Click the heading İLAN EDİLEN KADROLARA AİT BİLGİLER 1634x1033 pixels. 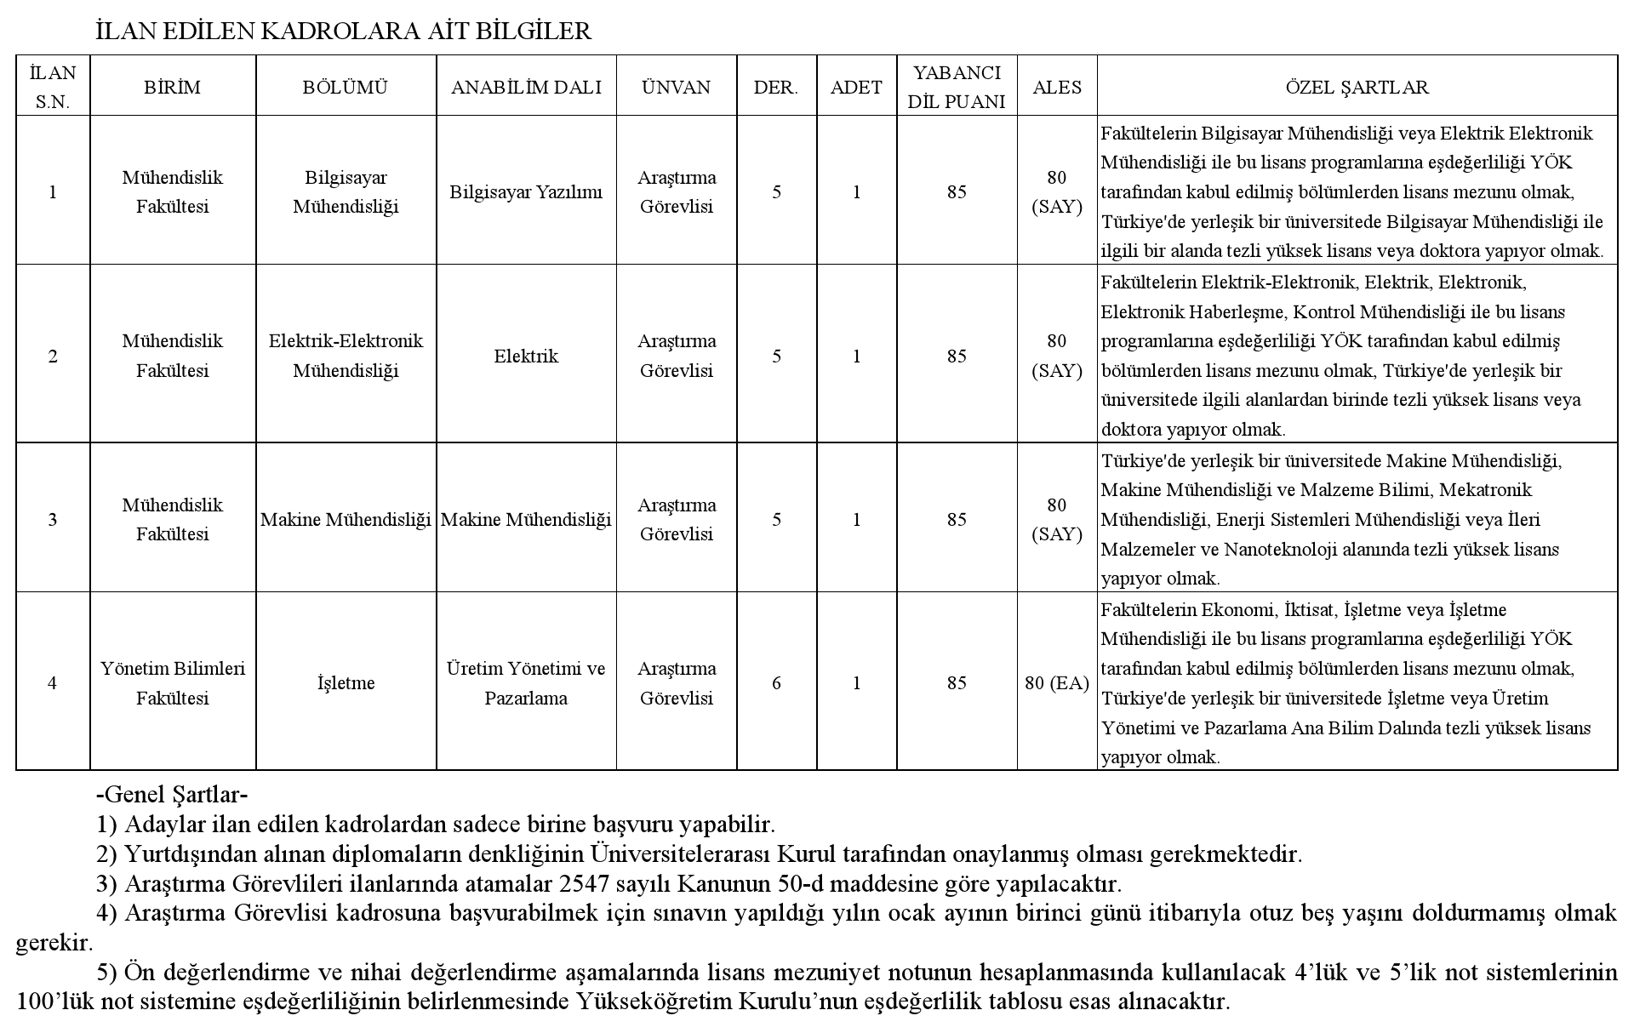pyautogui.click(x=343, y=31)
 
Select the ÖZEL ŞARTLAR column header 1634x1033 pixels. pyautogui.click(x=1357, y=87)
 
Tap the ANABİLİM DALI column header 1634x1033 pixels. pyautogui.click(x=526, y=87)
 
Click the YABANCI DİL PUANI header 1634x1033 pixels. pyautogui.click(x=957, y=87)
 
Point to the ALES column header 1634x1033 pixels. pyautogui.click(x=1057, y=87)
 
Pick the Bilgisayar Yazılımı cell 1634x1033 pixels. pyautogui.click(x=526, y=192)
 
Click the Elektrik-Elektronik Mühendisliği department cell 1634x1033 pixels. pyautogui.click(x=346, y=356)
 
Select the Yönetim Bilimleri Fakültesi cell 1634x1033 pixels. pyautogui.click(x=173, y=682)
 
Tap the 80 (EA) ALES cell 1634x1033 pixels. pyautogui.click(x=1057, y=682)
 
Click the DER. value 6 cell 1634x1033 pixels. pyautogui.click(x=776, y=682)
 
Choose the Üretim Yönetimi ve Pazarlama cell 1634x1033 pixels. pyautogui.click(x=526, y=682)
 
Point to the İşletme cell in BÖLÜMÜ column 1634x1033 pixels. pyautogui.click(x=346, y=682)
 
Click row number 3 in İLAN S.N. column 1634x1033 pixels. pyautogui.click(x=53, y=519)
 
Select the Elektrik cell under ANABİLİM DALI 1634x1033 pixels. pyautogui.click(x=526, y=356)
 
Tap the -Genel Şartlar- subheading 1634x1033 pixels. pyautogui.click(x=172, y=795)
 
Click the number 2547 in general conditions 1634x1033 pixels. pyautogui.click(x=591, y=883)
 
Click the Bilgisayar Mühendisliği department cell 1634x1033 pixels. pyautogui.click(x=346, y=192)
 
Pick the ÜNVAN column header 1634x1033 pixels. pyautogui.click(x=676, y=87)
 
